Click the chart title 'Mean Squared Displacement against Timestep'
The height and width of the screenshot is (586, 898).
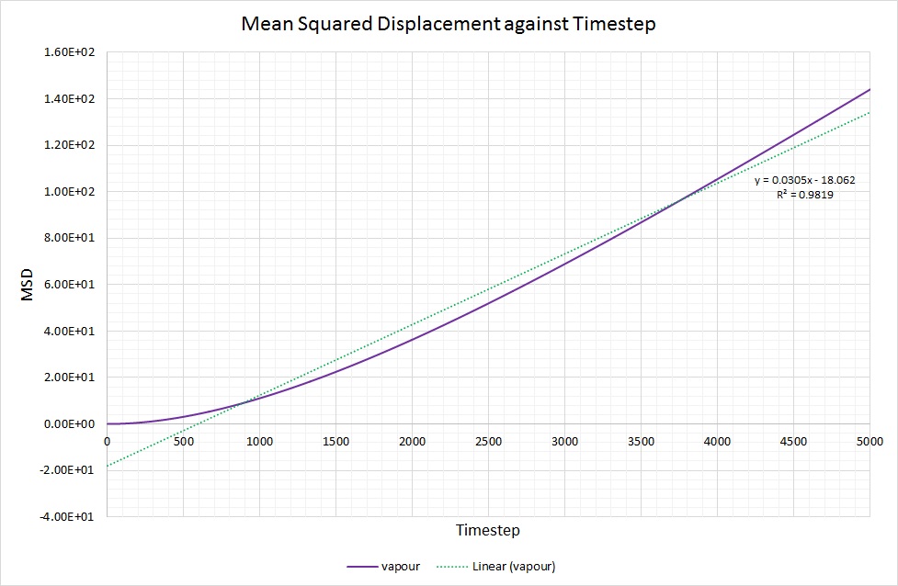click(448, 24)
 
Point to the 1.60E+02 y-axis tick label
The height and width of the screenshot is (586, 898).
click(70, 52)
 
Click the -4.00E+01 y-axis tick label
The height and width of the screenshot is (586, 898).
click(69, 516)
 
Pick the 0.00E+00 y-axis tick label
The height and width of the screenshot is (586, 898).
click(70, 423)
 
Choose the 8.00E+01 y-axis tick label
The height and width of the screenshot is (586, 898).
click(70, 238)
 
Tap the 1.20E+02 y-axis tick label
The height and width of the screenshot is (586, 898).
click(70, 145)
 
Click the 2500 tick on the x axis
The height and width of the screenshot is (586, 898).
click(489, 442)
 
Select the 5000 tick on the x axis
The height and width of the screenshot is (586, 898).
click(870, 442)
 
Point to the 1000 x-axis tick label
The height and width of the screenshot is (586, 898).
click(260, 442)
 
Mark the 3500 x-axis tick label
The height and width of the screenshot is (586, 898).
click(642, 442)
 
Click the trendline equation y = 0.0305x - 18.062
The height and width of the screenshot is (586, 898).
click(797, 181)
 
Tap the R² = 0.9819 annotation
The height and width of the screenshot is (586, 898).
click(805, 195)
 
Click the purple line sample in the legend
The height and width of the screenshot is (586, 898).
click(364, 566)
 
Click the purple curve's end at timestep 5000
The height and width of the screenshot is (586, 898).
click(870, 89)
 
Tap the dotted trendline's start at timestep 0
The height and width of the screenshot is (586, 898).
click(108, 466)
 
